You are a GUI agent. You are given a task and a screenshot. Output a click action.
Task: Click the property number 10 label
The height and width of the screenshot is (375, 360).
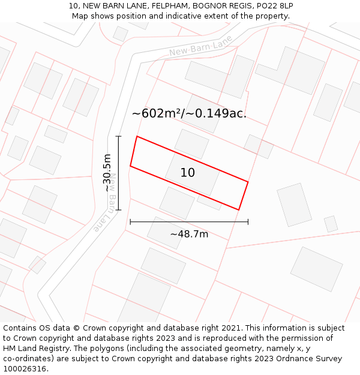click(188, 173)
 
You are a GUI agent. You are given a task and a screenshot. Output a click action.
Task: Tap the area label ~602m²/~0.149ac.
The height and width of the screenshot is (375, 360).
click(189, 113)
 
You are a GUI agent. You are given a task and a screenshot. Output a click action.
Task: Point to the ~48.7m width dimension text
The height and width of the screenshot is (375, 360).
click(189, 234)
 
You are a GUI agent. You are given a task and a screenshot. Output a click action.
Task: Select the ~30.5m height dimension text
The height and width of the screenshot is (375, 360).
click(107, 173)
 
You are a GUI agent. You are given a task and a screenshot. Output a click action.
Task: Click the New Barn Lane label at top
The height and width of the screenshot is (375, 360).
click(200, 46)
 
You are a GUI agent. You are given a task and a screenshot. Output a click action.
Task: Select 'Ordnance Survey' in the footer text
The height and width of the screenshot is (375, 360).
click(310, 359)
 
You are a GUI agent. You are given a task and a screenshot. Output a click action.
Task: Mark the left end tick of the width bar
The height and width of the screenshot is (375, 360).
click(130, 222)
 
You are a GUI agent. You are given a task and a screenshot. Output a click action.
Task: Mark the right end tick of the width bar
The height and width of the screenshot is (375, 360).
click(248, 222)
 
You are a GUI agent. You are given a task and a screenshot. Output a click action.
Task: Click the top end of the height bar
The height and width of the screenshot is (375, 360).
click(119, 137)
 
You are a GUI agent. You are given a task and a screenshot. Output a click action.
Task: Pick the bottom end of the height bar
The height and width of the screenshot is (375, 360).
click(119, 210)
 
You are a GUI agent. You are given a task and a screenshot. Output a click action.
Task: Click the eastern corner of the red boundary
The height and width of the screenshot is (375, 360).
click(248, 181)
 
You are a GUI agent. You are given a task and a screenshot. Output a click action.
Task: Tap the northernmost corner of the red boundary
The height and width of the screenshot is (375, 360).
click(137, 136)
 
